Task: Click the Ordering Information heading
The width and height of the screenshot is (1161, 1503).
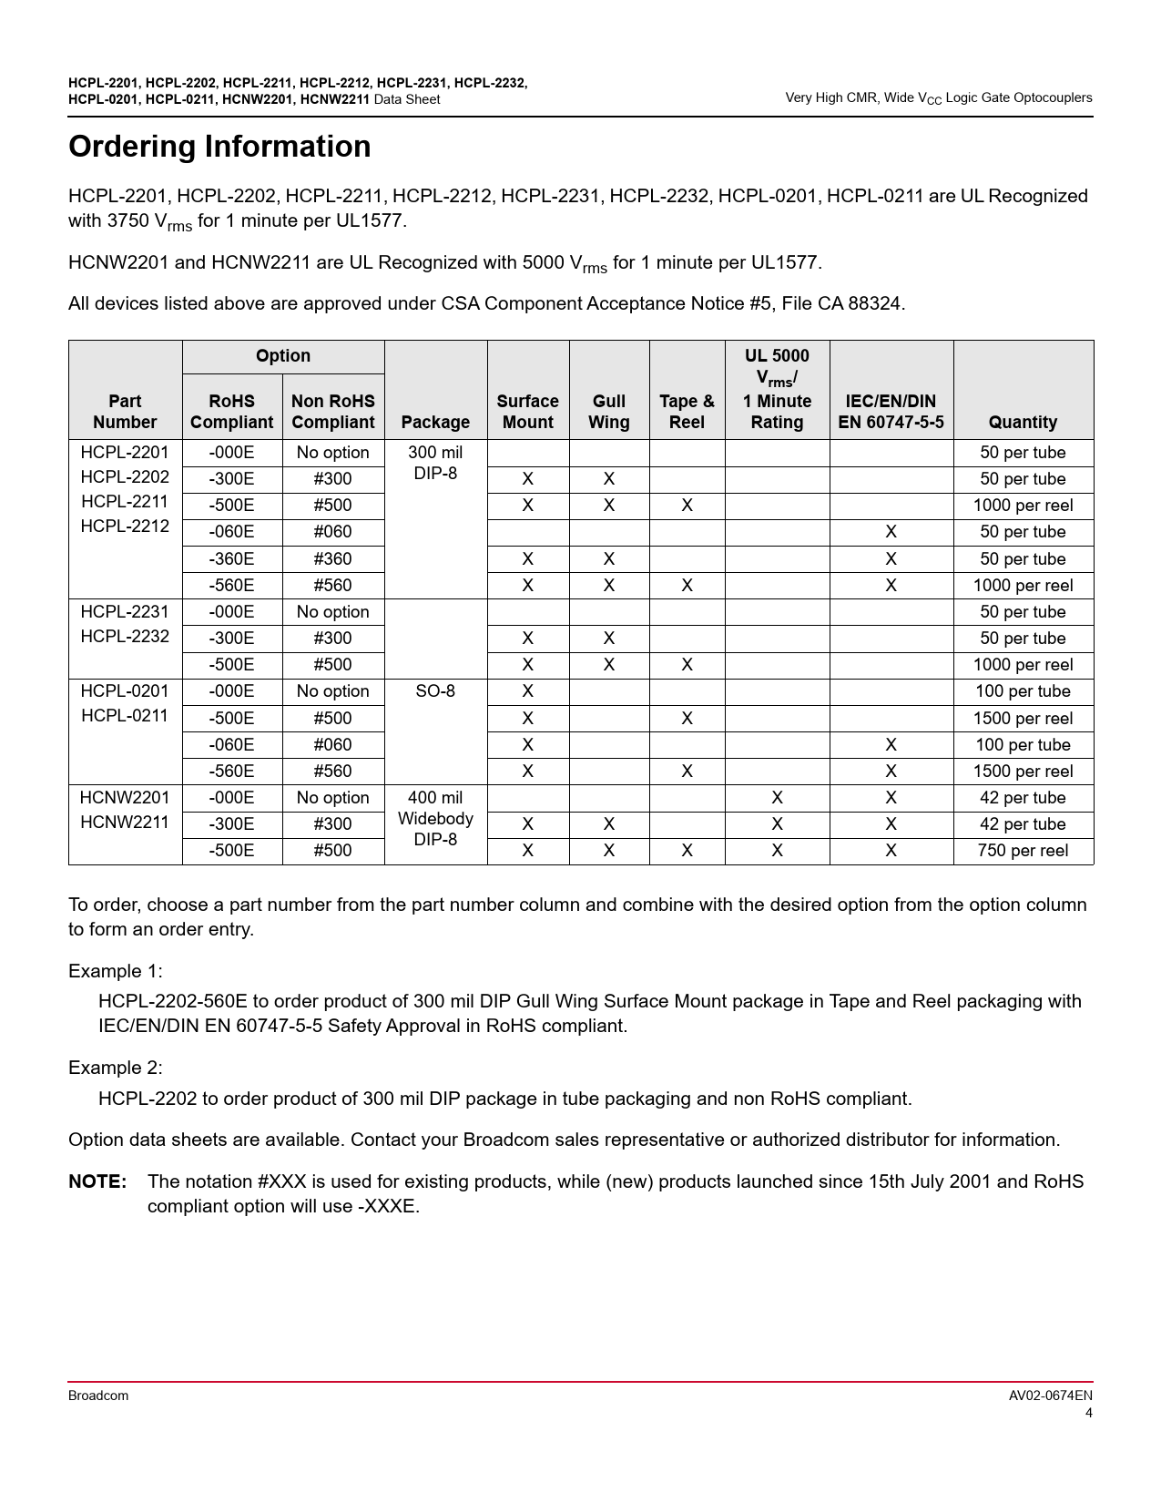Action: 219,147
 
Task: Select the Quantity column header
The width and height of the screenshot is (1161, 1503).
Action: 1023,422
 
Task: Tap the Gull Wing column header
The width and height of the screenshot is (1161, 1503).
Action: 608,412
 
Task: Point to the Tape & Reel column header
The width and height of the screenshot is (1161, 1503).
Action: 687,412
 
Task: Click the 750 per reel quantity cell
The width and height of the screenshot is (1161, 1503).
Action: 1023,851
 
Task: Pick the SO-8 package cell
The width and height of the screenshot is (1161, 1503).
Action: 435,691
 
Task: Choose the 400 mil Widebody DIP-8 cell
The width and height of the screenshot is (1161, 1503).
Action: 435,819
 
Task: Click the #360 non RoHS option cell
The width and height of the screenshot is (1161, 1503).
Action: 332,559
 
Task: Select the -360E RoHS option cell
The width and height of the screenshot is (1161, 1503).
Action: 231,559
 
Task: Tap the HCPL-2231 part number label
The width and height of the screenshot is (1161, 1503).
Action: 125,612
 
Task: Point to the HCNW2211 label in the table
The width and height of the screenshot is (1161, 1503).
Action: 125,822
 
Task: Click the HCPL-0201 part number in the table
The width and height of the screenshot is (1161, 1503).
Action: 125,691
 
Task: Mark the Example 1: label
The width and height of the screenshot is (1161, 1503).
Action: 116,971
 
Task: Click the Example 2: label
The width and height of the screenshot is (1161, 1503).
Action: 116,1068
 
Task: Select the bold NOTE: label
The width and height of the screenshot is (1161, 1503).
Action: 97,1182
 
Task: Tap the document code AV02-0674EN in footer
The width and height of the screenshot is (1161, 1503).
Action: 1050,1396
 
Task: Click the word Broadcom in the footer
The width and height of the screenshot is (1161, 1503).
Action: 98,1396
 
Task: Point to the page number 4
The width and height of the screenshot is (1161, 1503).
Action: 1088,1414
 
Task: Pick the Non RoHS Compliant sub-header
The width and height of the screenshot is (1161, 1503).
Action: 332,412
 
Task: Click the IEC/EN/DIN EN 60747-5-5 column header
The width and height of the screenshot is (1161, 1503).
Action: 891,412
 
